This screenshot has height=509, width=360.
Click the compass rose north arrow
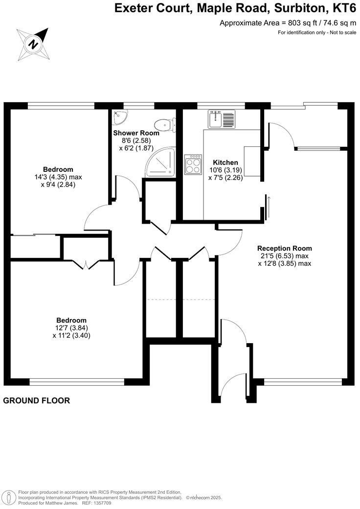(x=33, y=44)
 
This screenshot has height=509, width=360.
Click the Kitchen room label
(x=225, y=162)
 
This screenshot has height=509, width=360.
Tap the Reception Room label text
(x=284, y=248)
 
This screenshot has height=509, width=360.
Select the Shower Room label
(x=136, y=133)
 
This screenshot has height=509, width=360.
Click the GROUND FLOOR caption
(x=37, y=400)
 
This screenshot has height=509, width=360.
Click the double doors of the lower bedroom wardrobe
(x=86, y=265)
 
